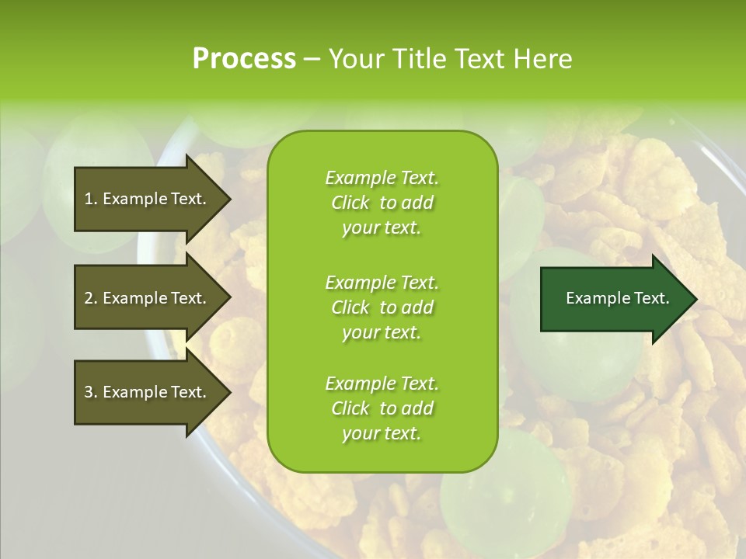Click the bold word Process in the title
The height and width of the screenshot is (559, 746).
click(x=244, y=59)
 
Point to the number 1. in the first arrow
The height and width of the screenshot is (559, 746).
click(x=91, y=199)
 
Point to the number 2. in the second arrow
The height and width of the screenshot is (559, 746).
click(x=91, y=298)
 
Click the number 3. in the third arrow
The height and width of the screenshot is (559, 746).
click(x=91, y=392)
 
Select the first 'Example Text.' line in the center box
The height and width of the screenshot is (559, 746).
click(x=382, y=178)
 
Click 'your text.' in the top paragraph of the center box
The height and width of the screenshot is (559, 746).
click(x=382, y=227)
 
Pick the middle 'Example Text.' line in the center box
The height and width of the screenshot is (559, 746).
click(x=382, y=282)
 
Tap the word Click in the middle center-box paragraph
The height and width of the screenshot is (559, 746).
click(x=350, y=307)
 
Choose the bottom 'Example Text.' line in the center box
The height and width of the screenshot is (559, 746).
click(x=382, y=384)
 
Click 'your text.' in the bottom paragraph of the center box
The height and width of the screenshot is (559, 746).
click(x=382, y=433)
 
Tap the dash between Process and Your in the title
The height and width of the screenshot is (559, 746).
click(x=312, y=60)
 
